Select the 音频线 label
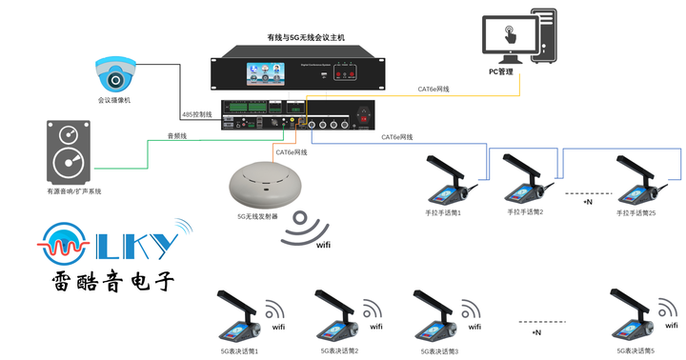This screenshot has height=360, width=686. click(177, 137)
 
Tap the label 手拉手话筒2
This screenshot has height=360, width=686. click(525, 211)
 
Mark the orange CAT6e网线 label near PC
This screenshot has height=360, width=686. click(434, 90)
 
